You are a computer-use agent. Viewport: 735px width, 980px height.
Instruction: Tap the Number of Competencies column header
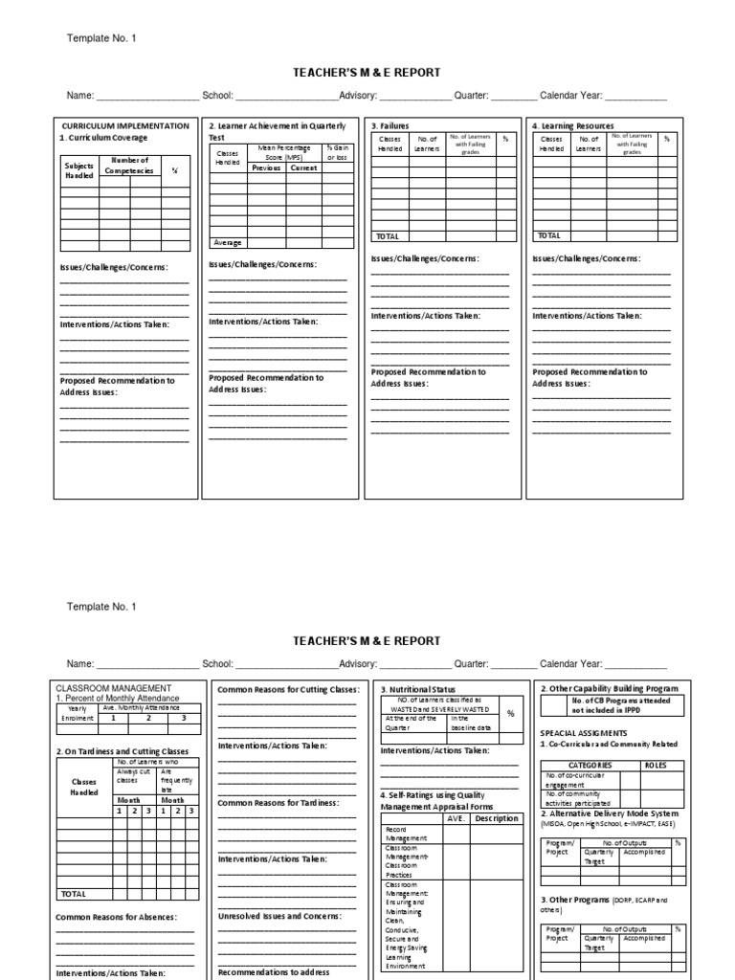coord(129,165)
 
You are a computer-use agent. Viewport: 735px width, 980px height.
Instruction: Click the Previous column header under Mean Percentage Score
coord(266,167)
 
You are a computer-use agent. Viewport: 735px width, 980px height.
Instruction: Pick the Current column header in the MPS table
coord(304,167)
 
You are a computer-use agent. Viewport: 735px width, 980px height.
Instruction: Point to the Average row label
coord(228,242)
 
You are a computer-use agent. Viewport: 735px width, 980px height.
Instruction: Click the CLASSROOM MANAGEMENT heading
coord(114,688)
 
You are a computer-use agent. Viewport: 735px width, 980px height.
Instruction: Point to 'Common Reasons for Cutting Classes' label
coord(288,689)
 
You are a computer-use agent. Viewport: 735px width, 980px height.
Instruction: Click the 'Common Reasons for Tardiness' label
coord(278,802)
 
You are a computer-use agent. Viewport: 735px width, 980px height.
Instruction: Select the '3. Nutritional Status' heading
coord(418,689)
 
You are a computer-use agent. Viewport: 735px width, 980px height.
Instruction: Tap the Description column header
coord(496,818)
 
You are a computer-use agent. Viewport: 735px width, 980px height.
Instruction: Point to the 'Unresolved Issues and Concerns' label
coord(279,916)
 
